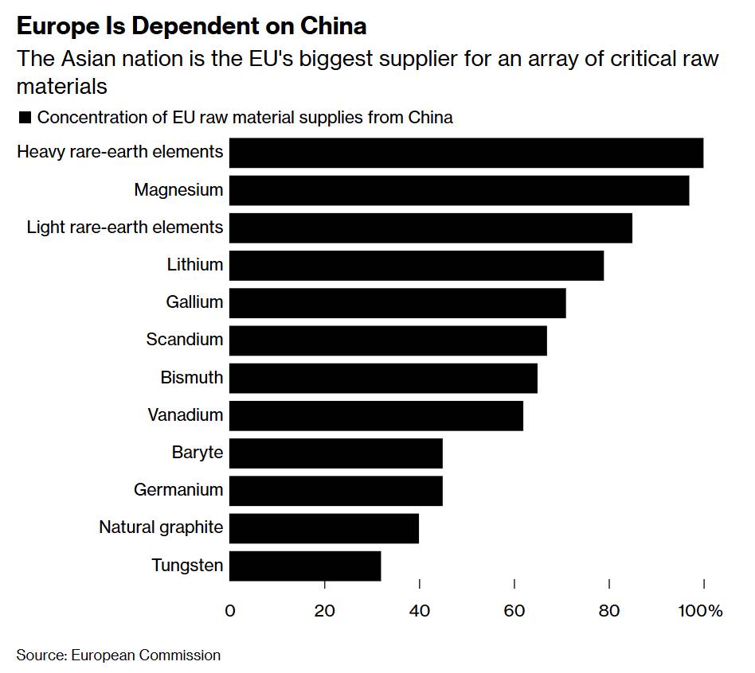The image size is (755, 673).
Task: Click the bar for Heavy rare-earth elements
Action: click(466, 152)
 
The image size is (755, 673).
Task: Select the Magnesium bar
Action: click(459, 190)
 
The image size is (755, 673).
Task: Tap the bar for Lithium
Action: click(417, 265)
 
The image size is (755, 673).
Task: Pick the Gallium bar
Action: click(397, 303)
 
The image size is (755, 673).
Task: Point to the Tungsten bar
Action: click(305, 566)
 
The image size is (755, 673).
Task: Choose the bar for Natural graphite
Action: click(324, 527)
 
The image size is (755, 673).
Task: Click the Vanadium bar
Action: click(376, 415)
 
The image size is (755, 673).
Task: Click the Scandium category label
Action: click(185, 340)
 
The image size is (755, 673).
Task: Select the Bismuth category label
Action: click(192, 377)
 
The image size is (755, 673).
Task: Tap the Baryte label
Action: click(198, 453)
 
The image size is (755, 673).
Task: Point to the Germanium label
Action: click(178, 490)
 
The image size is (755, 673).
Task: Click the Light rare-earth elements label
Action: click(125, 228)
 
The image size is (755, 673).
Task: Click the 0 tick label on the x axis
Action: click(230, 611)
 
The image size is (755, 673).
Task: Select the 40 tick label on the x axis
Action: click(419, 611)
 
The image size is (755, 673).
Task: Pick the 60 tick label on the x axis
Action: click(514, 611)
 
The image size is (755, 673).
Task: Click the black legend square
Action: click(24, 118)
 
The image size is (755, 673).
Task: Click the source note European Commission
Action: click(146, 655)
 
